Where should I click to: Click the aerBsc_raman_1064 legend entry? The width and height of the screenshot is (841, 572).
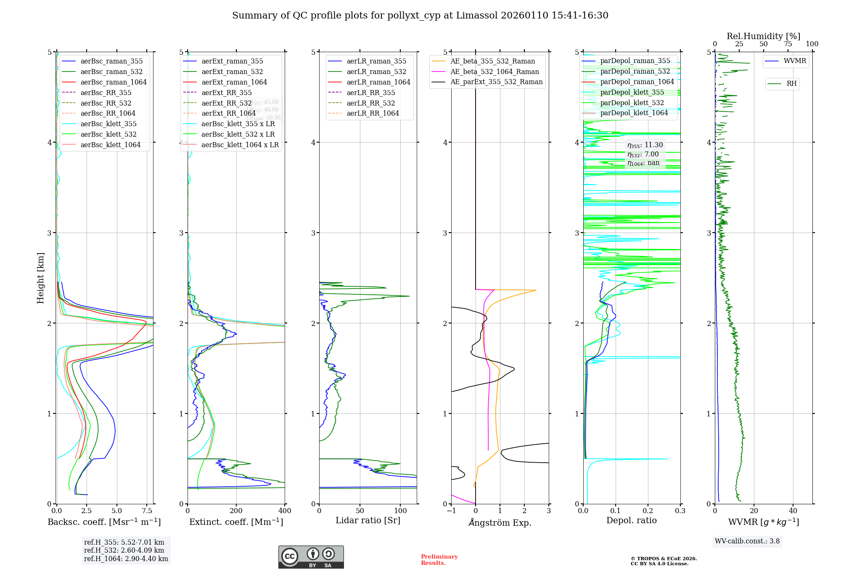tap(114, 82)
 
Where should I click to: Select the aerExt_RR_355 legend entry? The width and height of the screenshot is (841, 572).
tap(226, 93)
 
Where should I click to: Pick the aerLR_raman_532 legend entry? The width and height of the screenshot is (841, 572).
tap(376, 71)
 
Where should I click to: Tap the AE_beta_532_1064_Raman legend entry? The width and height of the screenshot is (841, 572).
tap(495, 71)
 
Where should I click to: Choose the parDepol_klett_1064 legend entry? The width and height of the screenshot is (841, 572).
tap(634, 113)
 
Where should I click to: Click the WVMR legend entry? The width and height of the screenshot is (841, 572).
tap(795, 61)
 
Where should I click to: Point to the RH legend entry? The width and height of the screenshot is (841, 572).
tap(791, 84)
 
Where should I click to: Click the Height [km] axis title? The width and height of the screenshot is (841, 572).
tap(40, 278)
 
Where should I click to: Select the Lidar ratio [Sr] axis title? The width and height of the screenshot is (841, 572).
tap(368, 520)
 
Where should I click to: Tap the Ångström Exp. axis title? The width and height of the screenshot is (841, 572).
tap(500, 522)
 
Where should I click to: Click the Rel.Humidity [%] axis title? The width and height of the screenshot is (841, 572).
tap(763, 36)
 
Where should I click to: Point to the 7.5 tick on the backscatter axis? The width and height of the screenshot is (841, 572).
tap(147, 511)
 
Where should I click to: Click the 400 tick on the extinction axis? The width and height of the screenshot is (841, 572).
tap(285, 511)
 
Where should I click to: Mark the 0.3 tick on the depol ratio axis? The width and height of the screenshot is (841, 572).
tap(680, 511)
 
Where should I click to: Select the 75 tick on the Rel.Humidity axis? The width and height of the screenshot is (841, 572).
tap(788, 44)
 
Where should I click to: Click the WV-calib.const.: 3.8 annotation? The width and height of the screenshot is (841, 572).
tap(747, 541)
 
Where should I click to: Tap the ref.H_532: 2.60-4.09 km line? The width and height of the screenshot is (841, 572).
tap(124, 550)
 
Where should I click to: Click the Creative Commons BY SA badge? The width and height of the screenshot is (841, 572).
tap(311, 557)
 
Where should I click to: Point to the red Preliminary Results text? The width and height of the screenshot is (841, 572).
tap(439, 559)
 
